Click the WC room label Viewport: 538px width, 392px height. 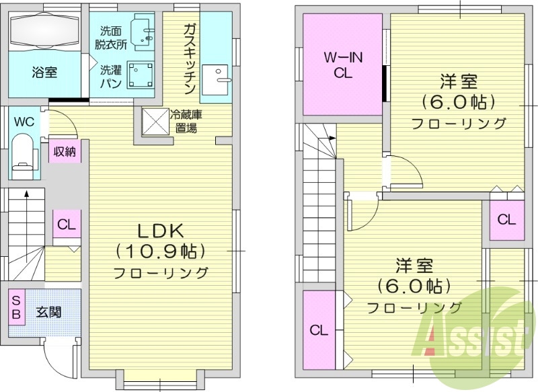[x=24, y=122]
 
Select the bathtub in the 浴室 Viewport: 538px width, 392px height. [x=46, y=31]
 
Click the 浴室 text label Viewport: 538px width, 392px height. [x=44, y=72]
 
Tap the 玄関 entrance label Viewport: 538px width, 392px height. [x=48, y=312]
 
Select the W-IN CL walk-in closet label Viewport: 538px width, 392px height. [x=343, y=66]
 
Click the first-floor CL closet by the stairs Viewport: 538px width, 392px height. [x=66, y=225]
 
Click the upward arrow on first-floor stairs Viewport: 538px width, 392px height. [x=26, y=196]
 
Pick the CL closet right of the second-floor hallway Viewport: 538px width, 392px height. [x=506, y=219]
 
